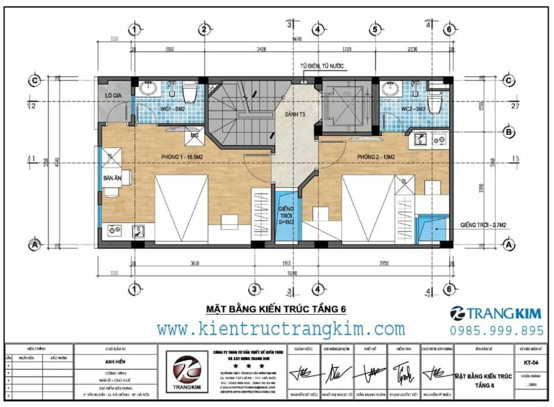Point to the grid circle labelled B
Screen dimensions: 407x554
click(x=509, y=133)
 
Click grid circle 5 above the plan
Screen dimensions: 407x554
click(x=375, y=29)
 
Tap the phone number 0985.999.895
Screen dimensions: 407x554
click(x=497, y=331)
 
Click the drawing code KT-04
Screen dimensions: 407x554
click(x=530, y=362)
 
